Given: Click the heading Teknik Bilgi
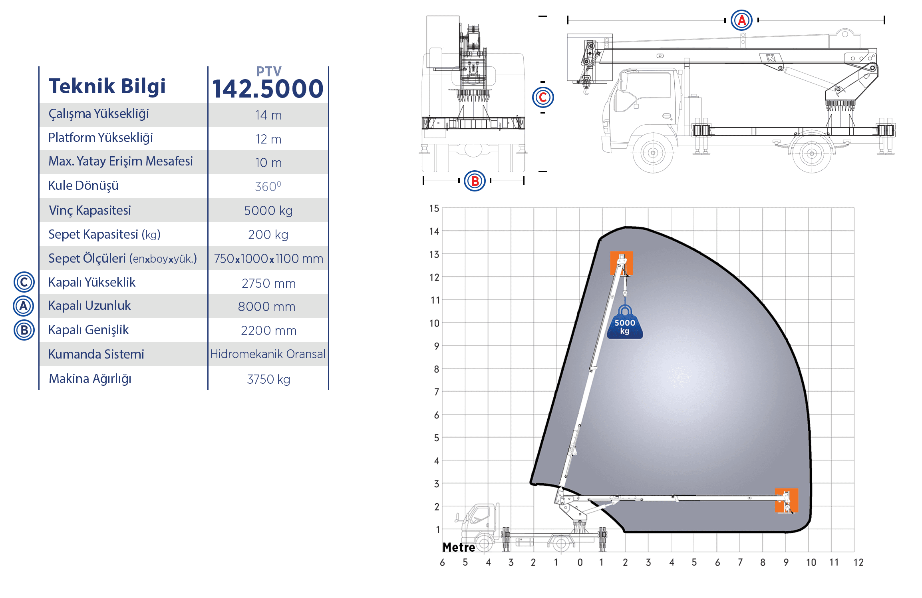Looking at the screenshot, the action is tap(107, 86).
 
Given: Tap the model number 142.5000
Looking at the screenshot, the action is tap(268, 88).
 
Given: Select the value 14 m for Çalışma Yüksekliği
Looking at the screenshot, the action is tap(268, 115).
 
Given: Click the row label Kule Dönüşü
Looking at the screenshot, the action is tap(83, 186).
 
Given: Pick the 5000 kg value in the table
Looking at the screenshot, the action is tap(268, 211).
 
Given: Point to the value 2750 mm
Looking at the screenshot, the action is tap(268, 283).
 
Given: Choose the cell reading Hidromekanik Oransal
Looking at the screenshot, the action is tap(268, 354).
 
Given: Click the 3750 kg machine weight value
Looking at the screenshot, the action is tap(268, 379).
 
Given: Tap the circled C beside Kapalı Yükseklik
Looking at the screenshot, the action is tap(24, 282).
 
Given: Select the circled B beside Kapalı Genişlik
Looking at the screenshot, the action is tap(24, 330).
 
